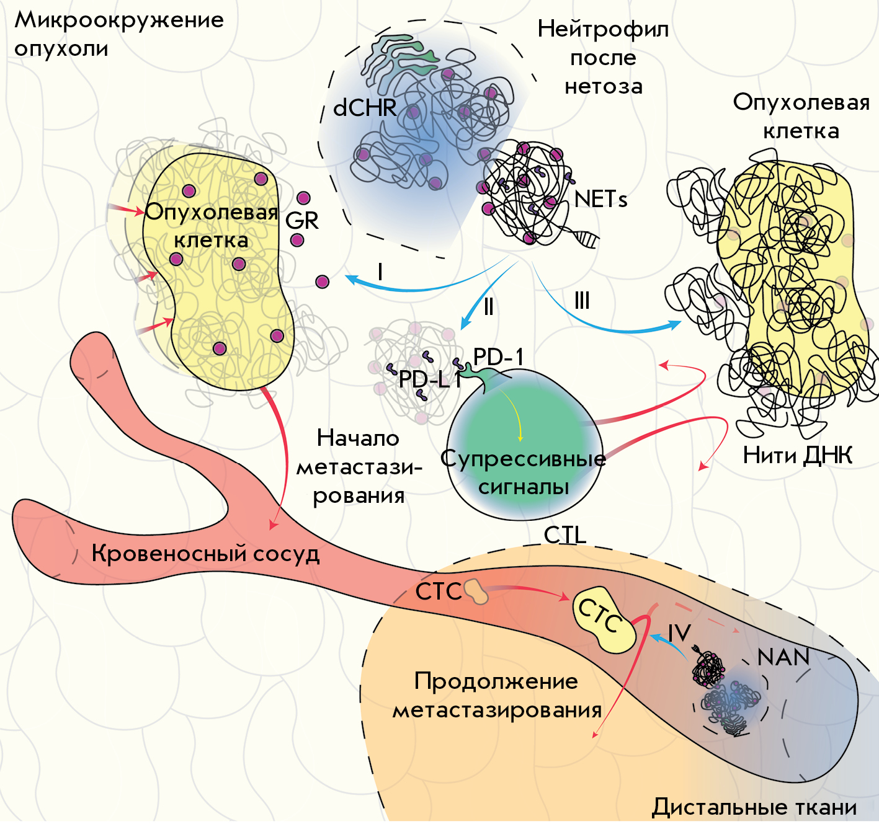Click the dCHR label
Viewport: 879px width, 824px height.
[365, 107]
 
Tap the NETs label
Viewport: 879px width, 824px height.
[600, 199]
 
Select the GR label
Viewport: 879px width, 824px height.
[302, 220]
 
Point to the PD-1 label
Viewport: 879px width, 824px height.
[498, 357]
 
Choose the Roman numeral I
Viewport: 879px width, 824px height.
[380, 272]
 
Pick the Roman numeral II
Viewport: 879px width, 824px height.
[489, 306]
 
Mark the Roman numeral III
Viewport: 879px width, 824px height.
[582, 301]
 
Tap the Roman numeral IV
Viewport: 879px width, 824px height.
[679, 633]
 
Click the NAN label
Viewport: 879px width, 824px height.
[783, 657]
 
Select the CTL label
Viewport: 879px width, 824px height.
[565, 535]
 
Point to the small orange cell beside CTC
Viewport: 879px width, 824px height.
[476, 591]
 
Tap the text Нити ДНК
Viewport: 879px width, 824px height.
[798, 455]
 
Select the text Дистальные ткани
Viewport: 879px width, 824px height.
[754, 807]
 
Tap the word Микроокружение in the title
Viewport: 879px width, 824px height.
[119, 20]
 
